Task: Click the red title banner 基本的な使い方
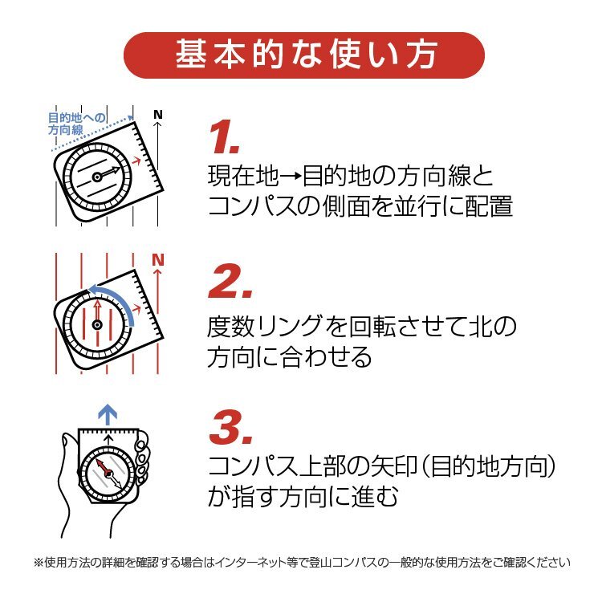pos(303,55)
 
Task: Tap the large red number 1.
pos(224,137)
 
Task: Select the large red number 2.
pos(230,282)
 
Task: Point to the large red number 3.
pos(230,427)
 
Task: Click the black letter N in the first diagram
pos(158,115)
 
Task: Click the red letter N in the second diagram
pos(158,260)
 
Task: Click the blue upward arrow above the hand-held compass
pos(108,414)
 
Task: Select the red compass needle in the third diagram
pos(104,467)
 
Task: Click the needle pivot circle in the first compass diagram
pos(97,177)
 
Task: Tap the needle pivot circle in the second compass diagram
pos(97,325)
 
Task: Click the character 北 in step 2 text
pos(481,327)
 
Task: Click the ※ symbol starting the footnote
pos(39,563)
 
